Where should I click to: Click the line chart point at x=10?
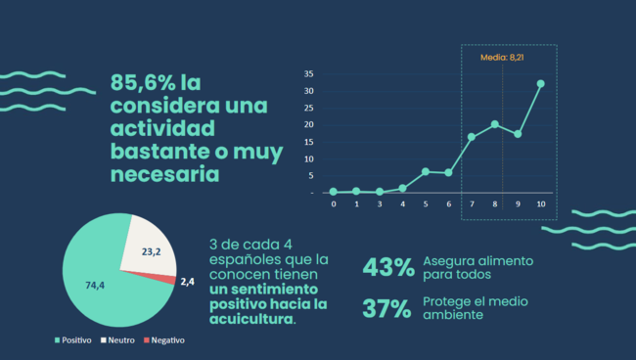point(540,84)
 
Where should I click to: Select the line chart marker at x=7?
point(471,137)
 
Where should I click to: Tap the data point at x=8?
point(494,124)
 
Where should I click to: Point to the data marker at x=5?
point(426,171)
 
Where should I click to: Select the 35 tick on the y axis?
point(308,74)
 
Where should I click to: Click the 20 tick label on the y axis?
point(308,125)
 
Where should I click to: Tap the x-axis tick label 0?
point(333,204)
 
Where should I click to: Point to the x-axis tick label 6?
point(448,204)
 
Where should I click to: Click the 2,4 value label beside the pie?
point(188,282)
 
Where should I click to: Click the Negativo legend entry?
point(163,340)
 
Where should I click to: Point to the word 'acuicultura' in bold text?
point(250,319)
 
